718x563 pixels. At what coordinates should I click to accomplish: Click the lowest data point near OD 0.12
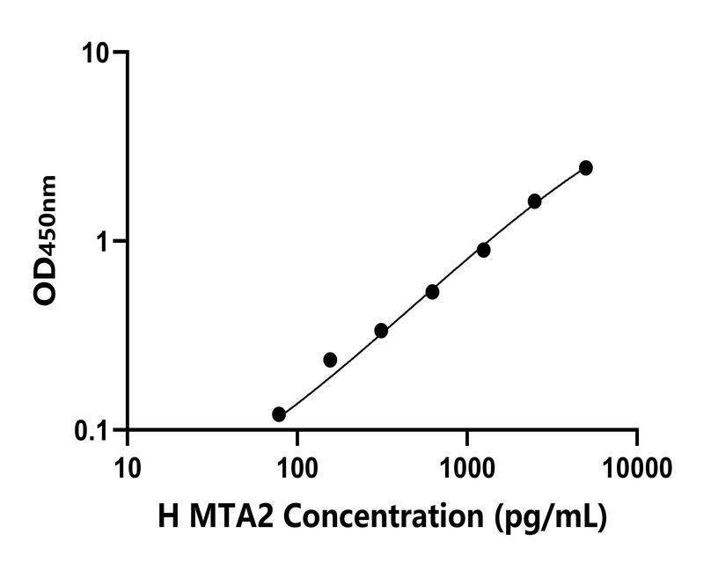[x=279, y=414]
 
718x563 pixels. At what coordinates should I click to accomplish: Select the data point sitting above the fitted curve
[x=330, y=360]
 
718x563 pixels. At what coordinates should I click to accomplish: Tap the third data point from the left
[x=381, y=331]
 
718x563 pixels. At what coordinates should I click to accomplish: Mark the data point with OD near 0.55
[x=432, y=292]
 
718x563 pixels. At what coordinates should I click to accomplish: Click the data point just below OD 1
[x=483, y=250]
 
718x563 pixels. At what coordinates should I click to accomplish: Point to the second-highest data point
[x=534, y=201]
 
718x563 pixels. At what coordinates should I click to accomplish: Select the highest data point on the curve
[x=585, y=168]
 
